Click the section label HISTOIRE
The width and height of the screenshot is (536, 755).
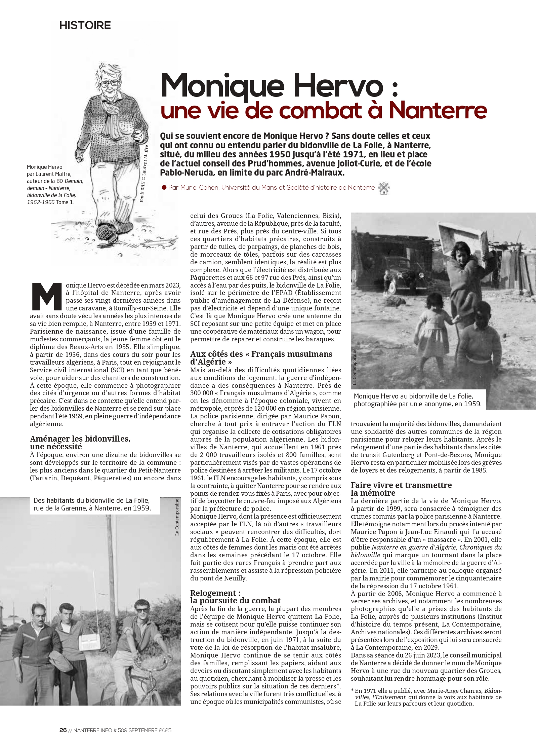tap(85, 26)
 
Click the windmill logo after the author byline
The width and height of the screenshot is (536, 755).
tap(383, 188)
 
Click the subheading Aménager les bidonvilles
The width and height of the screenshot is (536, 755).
tap(80, 439)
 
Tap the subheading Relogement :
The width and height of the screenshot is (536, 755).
tap(215, 593)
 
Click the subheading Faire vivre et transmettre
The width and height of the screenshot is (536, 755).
tap(401, 485)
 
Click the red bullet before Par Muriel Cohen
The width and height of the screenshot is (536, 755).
tap(164, 187)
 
